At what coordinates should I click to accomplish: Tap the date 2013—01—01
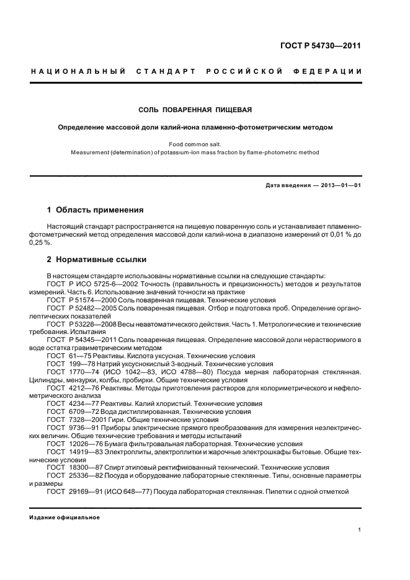339,185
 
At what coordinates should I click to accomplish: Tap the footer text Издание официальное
65,517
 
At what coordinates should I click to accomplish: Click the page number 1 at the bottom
360,529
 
